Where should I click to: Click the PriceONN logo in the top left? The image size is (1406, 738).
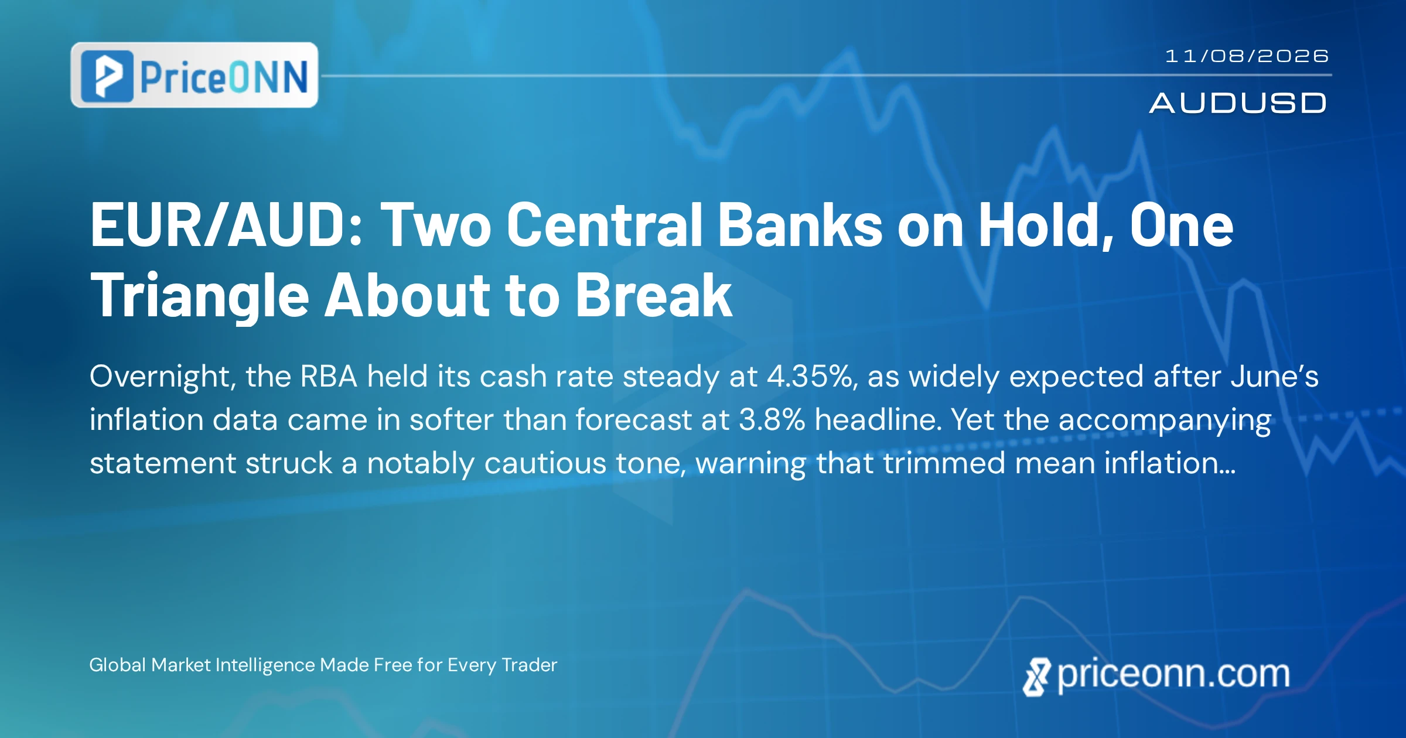point(194,75)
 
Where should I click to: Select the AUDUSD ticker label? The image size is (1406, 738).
point(1238,103)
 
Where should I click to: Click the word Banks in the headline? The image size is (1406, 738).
point(800,225)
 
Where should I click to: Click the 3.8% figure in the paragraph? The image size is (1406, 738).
point(772,419)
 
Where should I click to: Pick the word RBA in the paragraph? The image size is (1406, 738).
point(329,376)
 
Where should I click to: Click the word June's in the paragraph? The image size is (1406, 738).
point(1275,376)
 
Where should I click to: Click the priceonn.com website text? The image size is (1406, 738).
point(1173,674)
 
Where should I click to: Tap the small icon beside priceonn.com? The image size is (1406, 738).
point(1036,677)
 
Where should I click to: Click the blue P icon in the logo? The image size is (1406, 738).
point(107,76)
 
